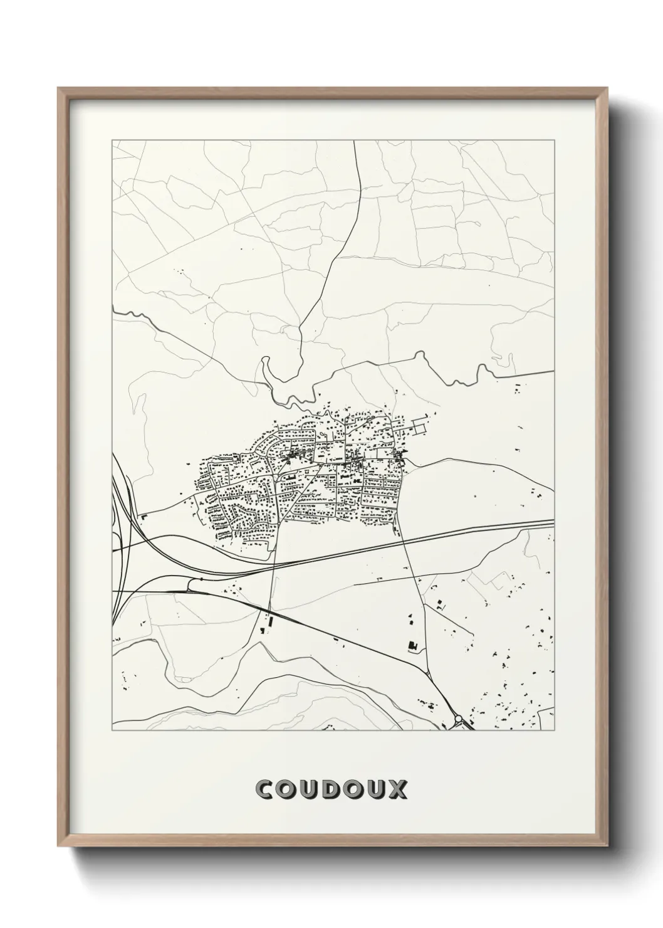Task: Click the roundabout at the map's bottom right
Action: tap(458, 719)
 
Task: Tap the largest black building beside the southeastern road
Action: tap(412, 645)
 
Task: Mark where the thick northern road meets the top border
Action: tap(355, 141)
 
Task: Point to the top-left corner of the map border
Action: tap(112, 141)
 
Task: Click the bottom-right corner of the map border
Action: tap(554, 730)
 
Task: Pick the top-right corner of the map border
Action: tap(554, 141)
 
